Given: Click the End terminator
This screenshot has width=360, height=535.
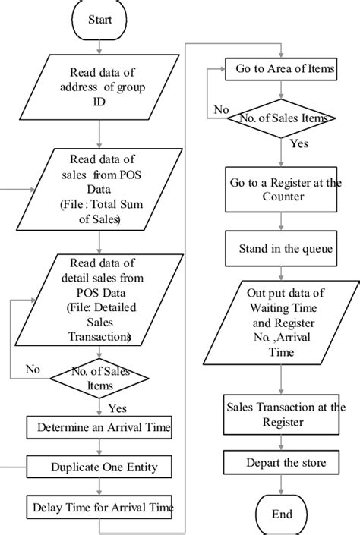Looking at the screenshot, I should [x=282, y=513].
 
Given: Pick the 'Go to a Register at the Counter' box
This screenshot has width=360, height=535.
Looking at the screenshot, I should [x=282, y=190].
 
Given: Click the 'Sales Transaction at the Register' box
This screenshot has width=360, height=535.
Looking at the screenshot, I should [x=282, y=414].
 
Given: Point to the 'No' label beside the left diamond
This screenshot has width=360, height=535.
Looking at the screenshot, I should [x=33, y=370].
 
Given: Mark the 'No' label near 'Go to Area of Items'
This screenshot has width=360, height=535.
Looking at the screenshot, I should [x=221, y=109].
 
